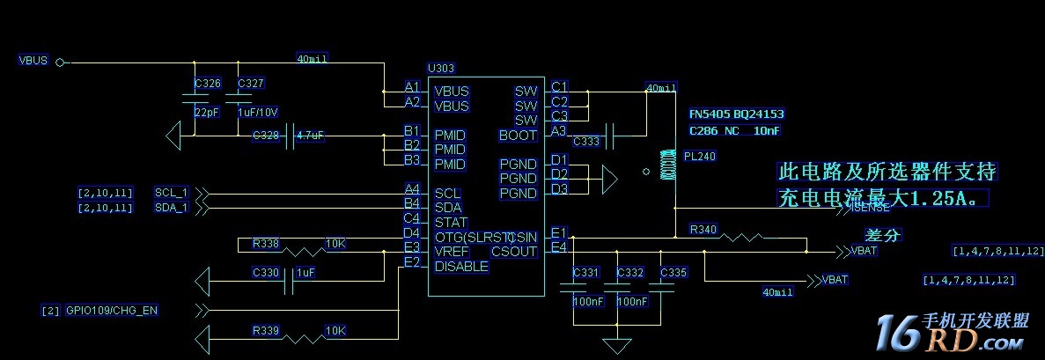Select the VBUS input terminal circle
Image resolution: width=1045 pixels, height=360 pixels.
60,62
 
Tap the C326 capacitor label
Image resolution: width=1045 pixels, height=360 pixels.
208,84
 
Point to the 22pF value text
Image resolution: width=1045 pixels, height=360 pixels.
207,113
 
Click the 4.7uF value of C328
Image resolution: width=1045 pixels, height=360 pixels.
311,136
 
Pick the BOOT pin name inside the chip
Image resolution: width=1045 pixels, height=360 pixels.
518,136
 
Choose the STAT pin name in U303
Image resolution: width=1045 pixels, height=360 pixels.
451,223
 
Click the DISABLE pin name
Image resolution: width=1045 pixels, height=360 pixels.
461,266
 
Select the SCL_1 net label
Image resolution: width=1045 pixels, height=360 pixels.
171,193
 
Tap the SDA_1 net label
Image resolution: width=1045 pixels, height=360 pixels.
171,208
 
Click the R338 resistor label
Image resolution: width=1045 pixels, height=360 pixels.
265,243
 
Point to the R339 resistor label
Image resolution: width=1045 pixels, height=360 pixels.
265,331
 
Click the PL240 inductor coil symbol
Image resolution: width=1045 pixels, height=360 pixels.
667,165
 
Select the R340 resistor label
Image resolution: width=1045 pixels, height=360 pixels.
703,230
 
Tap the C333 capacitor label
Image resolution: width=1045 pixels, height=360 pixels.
585,141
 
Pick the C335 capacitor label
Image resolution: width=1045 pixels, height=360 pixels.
673,273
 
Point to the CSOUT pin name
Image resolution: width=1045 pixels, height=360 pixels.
514,252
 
